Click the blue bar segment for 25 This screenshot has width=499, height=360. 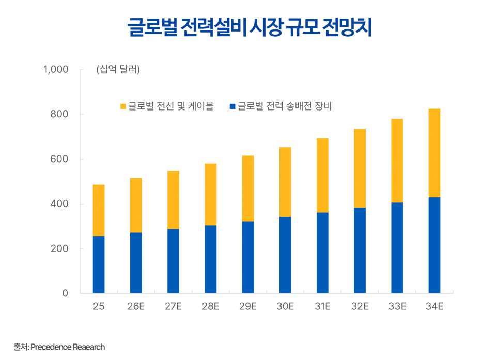(99, 264)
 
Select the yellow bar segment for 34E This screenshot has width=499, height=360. (434, 153)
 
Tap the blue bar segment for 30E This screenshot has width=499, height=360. (285, 255)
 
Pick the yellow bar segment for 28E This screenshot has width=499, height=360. (210, 194)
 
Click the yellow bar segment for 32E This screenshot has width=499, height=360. (360, 168)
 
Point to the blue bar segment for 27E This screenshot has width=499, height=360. (173, 261)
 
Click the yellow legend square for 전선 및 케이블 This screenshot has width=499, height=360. (123, 107)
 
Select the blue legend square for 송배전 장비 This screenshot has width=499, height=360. (232, 107)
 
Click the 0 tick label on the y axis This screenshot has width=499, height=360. (65, 293)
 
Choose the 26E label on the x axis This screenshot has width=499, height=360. (136, 307)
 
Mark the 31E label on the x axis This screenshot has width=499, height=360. (322, 307)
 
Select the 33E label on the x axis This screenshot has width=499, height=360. (397, 307)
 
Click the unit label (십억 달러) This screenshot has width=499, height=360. (118, 70)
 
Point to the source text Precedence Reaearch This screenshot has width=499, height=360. (68, 347)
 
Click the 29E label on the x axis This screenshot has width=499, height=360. (247, 307)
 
